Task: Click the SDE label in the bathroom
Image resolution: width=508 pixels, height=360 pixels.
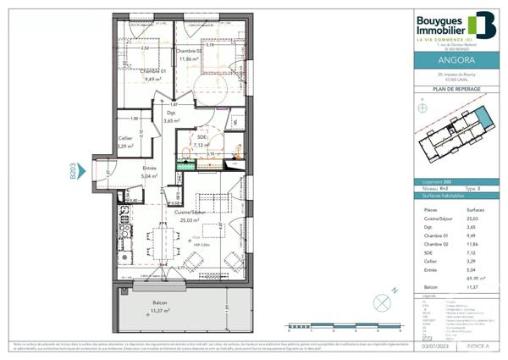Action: [x=202, y=136]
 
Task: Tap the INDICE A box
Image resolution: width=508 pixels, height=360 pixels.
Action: [x=478, y=347]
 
